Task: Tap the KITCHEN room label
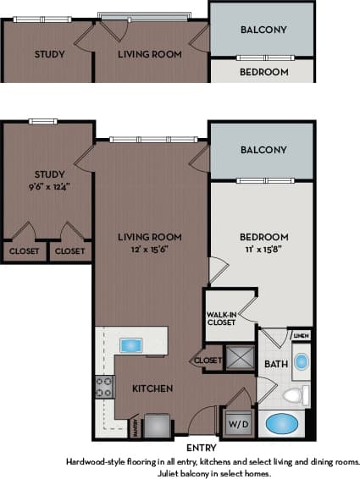point(152,388)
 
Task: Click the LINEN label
point(302,336)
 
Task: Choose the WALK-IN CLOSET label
point(222,318)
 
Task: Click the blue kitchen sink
point(132,344)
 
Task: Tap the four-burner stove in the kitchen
point(104,388)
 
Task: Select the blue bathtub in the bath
point(283,423)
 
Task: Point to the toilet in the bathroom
point(294,394)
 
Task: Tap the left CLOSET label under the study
point(23,251)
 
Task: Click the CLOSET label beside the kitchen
point(207,361)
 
